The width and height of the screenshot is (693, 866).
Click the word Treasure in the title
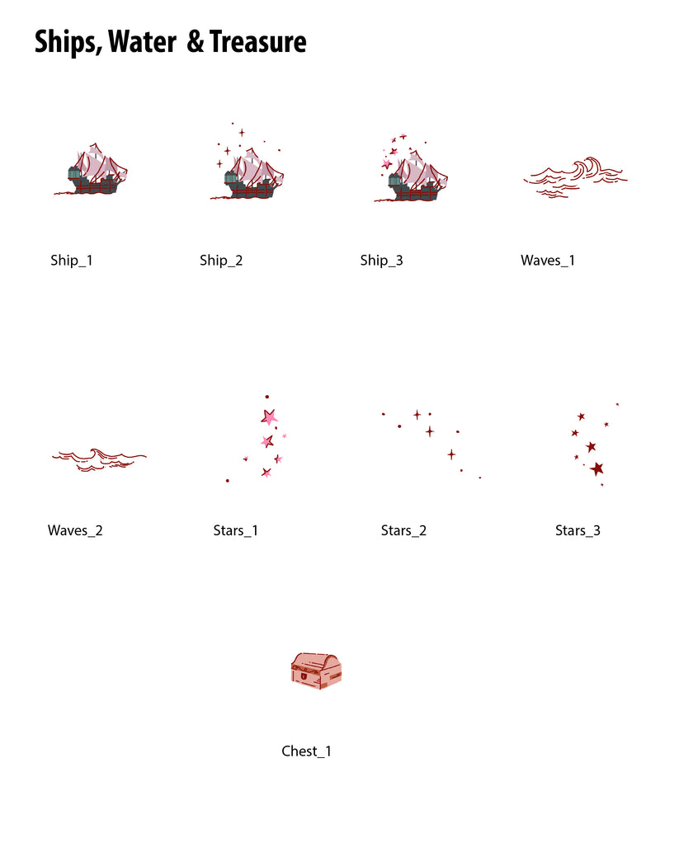pos(258,42)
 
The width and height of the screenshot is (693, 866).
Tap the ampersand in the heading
pos(195,42)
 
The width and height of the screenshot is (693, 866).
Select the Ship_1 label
pos(71,260)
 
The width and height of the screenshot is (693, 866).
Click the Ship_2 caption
pos(221,260)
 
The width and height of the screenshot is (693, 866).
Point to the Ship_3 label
pos(381,260)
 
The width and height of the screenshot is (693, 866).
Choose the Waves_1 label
pos(548,260)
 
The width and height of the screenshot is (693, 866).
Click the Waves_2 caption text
pos(75,530)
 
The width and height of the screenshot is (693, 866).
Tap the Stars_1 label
pos(235,530)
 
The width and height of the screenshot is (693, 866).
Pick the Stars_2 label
pos(403,530)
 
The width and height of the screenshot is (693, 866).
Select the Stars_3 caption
pos(577,530)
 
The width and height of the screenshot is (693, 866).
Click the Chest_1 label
pos(306,751)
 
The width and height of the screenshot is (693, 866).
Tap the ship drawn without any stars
pos(92,169)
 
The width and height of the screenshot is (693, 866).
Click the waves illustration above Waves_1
pos(575,177)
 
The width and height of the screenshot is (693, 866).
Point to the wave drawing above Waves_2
pos(99,459)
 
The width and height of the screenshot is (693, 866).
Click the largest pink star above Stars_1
pos(269,417)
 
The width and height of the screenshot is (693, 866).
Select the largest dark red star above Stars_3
pos(596,469)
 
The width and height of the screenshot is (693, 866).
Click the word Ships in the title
pos(68,43)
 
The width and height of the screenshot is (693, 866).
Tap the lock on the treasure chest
pos(304,675)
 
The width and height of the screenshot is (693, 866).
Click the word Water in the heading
pos(142,42)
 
